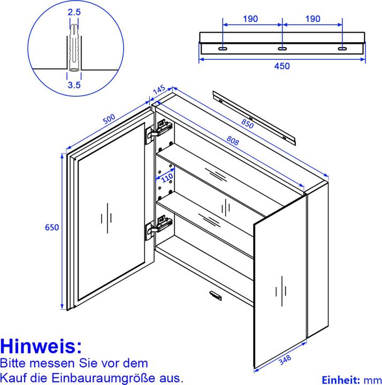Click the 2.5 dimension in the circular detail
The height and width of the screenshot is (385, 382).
[x=74, y=11]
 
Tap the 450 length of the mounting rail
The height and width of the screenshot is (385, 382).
[x=282, y=66]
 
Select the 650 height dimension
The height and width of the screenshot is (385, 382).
[x=51, y=227]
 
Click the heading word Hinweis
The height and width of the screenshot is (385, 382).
[x=41, y=345]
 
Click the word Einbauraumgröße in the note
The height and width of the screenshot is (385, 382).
[x=119, y=377]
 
